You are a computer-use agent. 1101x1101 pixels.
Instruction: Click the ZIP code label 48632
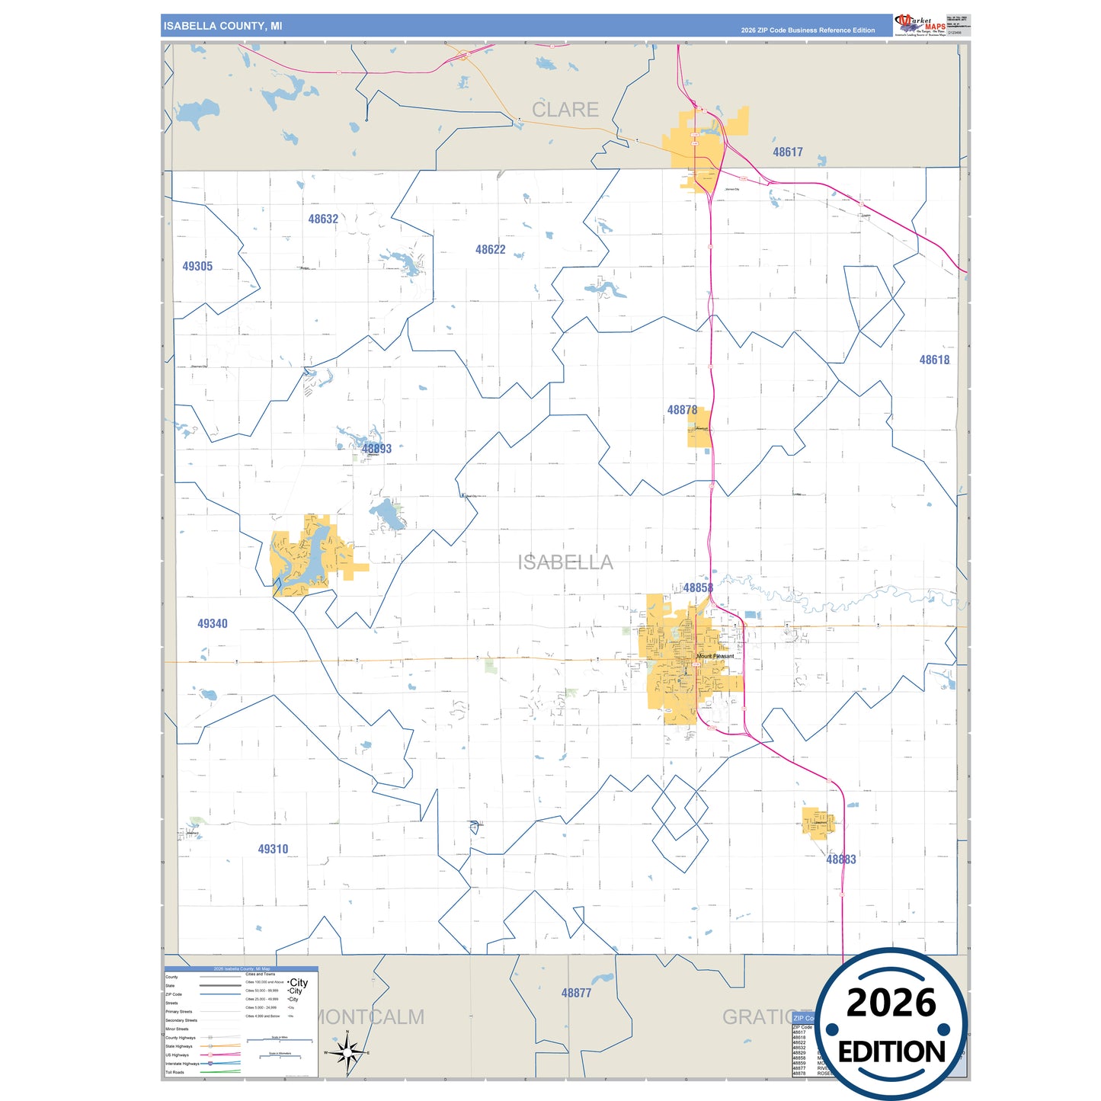323,219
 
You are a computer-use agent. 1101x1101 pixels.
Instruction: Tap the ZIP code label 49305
197,267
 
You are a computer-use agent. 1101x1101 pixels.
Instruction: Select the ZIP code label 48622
490,250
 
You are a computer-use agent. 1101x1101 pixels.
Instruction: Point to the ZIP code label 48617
787,152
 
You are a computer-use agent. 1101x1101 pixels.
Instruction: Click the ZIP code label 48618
934,360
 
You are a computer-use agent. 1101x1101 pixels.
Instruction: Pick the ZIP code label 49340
212,624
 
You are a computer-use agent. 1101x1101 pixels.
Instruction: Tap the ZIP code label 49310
273,850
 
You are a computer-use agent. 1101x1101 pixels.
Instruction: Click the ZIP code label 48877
576,994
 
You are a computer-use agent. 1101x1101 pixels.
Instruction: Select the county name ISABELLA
565,563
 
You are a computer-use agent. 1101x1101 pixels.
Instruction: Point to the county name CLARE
565,110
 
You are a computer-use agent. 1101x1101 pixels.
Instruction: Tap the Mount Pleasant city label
715,656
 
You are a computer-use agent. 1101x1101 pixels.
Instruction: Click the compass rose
347,1053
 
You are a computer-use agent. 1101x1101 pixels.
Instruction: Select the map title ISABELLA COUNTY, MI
222,26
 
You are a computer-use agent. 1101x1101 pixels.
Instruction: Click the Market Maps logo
920,24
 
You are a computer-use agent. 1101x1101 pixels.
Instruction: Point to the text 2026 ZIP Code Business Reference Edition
808,30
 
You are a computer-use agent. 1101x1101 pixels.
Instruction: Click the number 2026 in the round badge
891,1003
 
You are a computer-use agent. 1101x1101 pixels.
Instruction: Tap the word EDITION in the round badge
891,1052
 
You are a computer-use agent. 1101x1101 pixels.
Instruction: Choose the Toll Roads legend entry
175,1072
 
